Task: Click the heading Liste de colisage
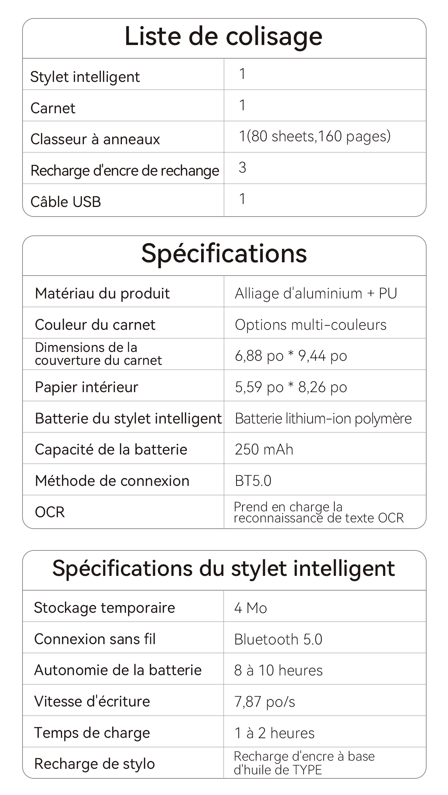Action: tap(223, 37)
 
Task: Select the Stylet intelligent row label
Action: tap(85, 77)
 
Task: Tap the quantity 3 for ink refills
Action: tap(242, 168)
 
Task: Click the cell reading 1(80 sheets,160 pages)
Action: tap(314, 136)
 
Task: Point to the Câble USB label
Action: tap(66, 202)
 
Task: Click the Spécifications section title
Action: tap(224, 254)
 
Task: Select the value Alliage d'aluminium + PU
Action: tap(316, 294)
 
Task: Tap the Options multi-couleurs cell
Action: tap(310, 325)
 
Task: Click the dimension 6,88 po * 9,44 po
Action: tap(291, 356)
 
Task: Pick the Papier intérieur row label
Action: tap(86, 387)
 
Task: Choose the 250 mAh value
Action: tap(264, 450)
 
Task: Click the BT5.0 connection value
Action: tap(253, 481)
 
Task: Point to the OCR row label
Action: tap(50, 512)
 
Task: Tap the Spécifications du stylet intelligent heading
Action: tap(223, 568)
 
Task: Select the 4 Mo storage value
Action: tap(250, 608)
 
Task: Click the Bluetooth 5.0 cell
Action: tap(278, 639)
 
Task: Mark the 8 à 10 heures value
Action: tap(278, 671)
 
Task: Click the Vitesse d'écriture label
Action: tap(92, 702)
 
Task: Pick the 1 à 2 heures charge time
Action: tap(274, 733)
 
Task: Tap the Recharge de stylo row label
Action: tap(94, 764)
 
